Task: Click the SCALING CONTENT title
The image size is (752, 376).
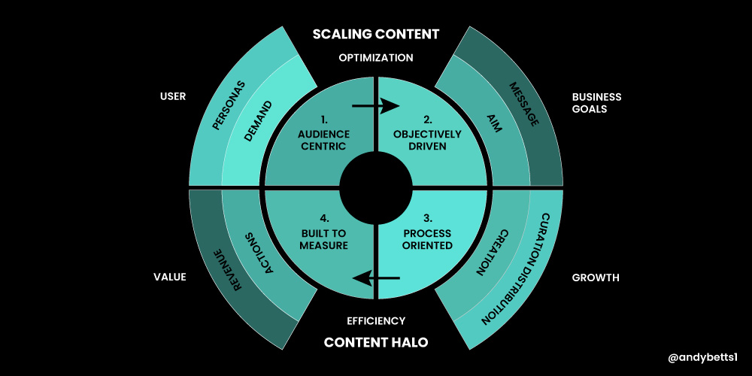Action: [x=376, y=34]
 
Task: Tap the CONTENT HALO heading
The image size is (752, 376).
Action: [x=376, y=342]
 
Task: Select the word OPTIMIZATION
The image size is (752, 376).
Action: [x=376, y=57]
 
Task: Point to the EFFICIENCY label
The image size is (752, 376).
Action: [x=376, y=320]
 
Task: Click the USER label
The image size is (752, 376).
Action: [x=173, y=96]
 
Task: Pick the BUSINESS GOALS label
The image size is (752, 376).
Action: [x=596, y=102]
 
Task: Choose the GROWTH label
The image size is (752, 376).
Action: [x=596, y=277]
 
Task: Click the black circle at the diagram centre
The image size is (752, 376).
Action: [x=376, y=188]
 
